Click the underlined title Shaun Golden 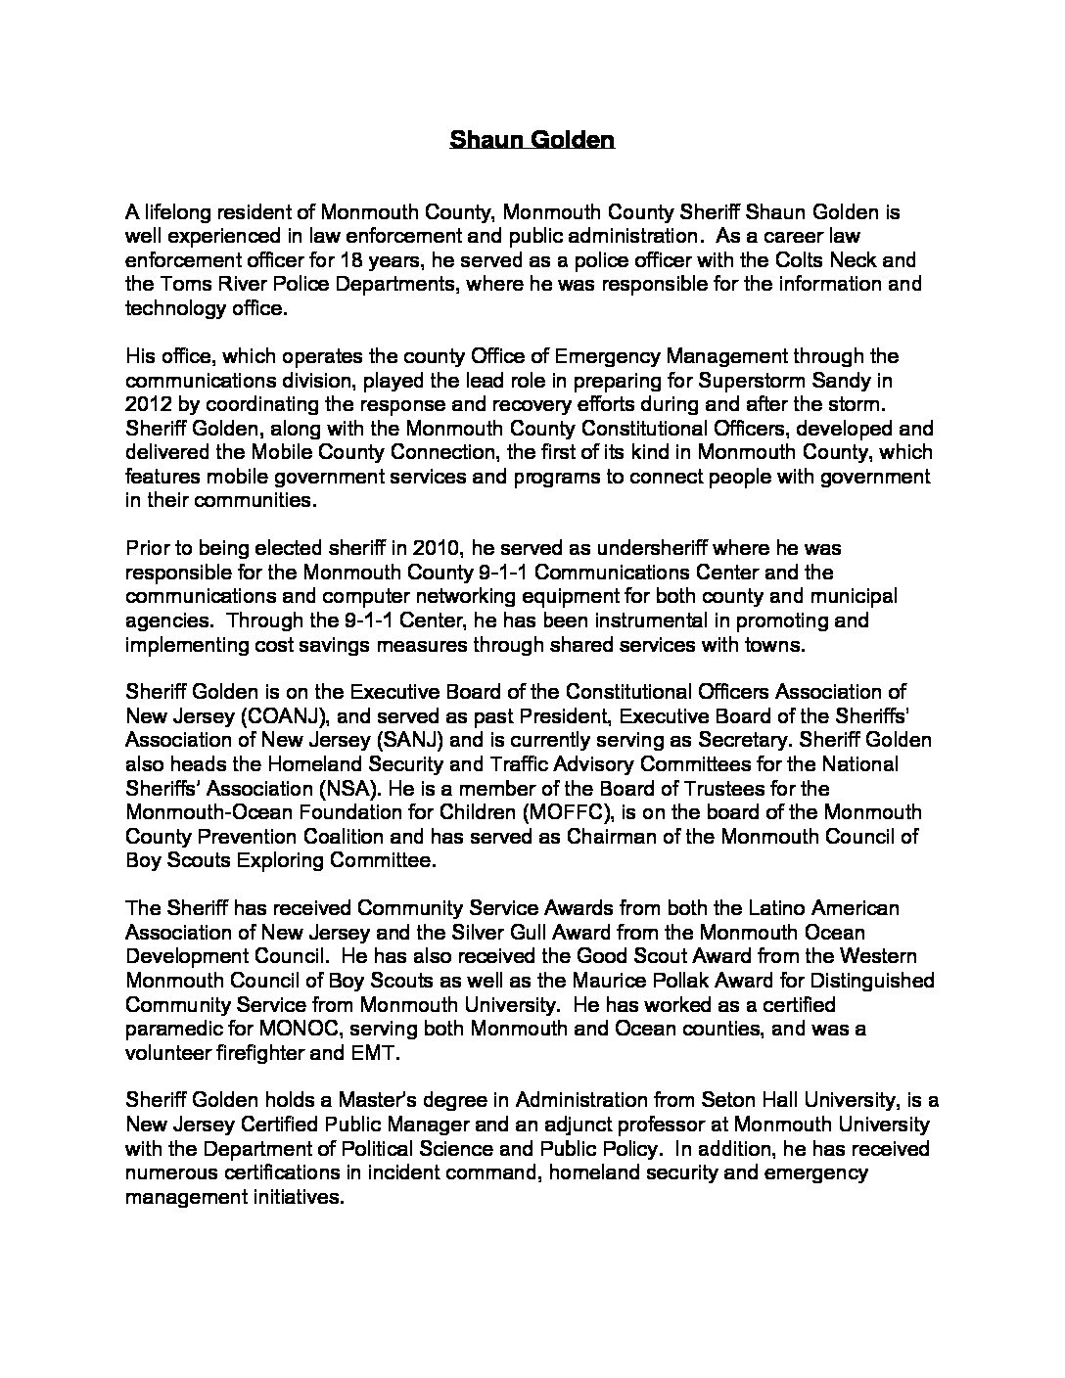(532, 140)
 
